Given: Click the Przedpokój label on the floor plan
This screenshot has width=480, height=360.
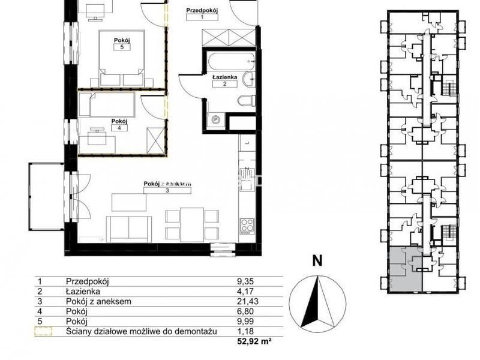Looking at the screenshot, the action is tap(202, 10).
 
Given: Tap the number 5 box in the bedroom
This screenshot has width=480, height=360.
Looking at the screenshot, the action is tap(122, 47).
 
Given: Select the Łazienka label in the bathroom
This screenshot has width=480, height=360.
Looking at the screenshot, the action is tap(224, 77).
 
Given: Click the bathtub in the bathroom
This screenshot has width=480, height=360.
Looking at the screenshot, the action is tap(230, 61).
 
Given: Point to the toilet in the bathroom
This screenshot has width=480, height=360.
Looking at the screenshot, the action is tap(247, 100).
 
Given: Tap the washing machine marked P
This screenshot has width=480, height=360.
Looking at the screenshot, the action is tap(216, 119).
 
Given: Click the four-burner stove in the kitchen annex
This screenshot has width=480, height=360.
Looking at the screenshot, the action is tap(247, 226).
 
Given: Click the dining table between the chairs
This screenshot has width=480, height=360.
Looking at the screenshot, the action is tap(192, 224).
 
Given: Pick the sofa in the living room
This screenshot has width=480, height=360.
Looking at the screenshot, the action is tap(129, 229).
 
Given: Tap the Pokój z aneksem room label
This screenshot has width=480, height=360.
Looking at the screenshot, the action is tap(167, 184).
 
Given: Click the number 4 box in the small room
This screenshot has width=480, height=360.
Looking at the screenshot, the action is tap(119, 128).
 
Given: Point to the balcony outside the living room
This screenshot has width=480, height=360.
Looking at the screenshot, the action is tap(47, 197).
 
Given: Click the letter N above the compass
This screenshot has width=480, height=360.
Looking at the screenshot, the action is tap(317, 261).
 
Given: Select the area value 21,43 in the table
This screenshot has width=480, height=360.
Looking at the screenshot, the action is tap(248, 301).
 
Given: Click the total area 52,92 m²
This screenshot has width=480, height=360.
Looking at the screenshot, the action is tap(254, 341).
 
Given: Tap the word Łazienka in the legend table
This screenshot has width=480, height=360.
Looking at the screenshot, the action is tap(83, 292).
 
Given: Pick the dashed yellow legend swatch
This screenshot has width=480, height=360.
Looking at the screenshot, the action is tap(43, 331).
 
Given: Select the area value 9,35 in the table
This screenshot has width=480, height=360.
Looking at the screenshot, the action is tap(246, 281).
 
